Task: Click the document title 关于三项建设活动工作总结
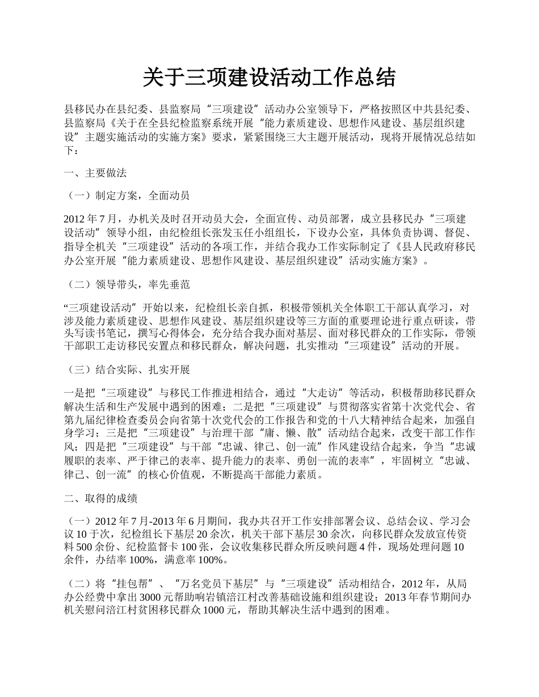point(269,77)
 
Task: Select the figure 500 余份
point(94,547)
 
